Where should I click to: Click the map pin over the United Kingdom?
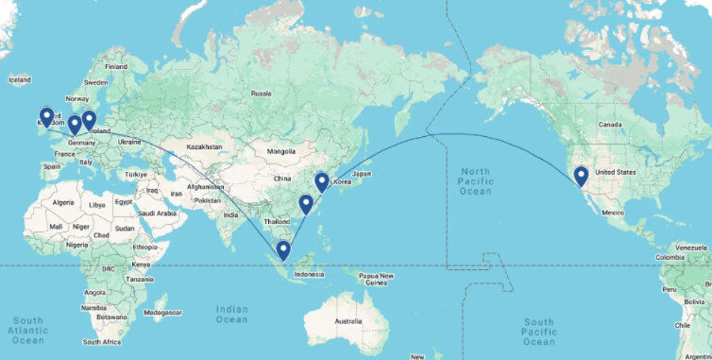tap(45, 116)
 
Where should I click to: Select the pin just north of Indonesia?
tap(282, 249)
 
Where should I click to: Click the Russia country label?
tap(261, 94)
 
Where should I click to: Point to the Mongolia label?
tap(281, 151)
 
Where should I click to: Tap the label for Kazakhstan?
tap(204, 146)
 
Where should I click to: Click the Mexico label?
tap(615, 213)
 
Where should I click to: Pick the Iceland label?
tap(20, 80)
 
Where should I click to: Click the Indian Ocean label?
tap(231, 314)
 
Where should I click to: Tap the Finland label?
tap(116, 66)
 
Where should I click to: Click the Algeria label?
tap(62, 202)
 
